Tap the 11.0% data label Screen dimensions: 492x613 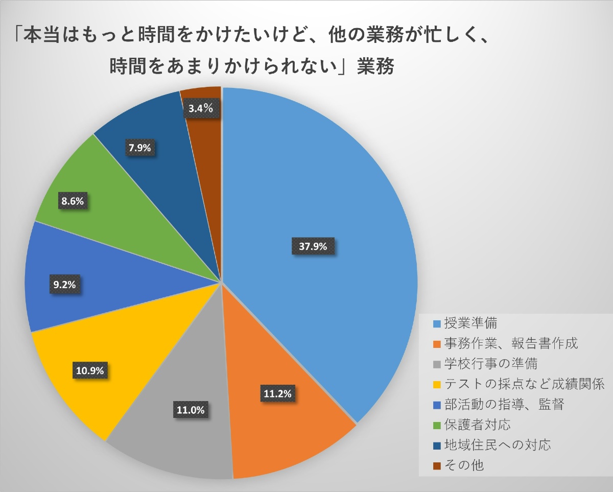click(x=190, y=410)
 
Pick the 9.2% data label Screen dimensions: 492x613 click(x=65, y=285)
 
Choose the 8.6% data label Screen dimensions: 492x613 click(x=73, y=201)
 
